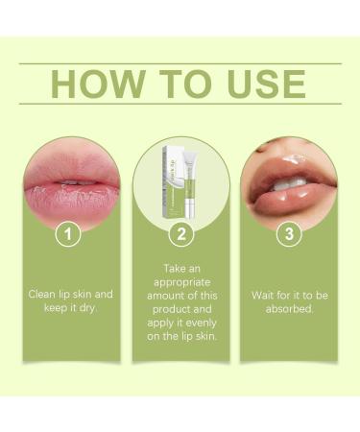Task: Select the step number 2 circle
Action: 180,232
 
